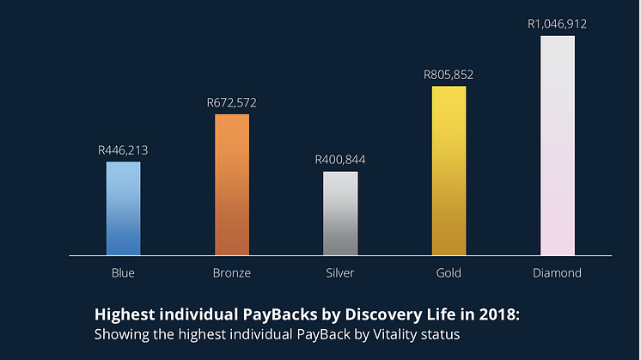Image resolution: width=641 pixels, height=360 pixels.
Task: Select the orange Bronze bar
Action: point(232,184)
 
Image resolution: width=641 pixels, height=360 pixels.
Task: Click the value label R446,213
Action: point(123,149)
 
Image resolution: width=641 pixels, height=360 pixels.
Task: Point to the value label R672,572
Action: point(232,102)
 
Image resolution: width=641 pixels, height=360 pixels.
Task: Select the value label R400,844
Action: point(340,159)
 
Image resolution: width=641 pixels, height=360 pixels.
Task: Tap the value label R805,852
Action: point(449,75)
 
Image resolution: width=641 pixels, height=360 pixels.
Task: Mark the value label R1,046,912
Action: point(557,24)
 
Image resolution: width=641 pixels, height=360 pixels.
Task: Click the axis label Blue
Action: point(123,273)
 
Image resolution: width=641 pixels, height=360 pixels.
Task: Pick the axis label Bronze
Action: point(232,273)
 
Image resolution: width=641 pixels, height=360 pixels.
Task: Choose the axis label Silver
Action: point(340,273)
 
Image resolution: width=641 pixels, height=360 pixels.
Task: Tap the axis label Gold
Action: point(449,273)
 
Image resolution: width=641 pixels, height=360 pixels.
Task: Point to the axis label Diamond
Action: point(557,273)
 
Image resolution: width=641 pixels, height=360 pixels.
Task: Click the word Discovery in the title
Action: point(375,315)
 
